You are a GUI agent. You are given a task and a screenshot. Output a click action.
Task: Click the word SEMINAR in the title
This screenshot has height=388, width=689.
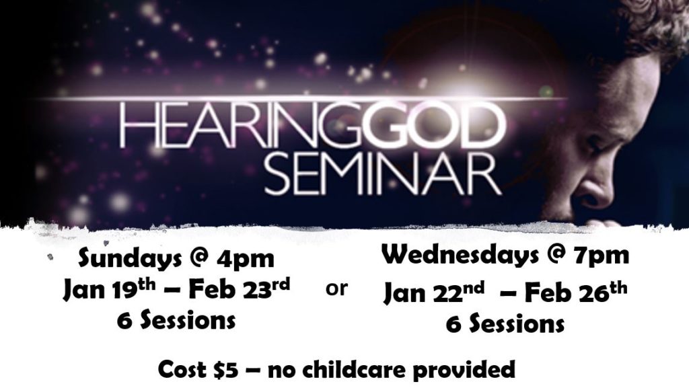pos(382,173)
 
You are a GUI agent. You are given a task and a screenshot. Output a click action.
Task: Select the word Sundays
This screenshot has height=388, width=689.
pos(130,258)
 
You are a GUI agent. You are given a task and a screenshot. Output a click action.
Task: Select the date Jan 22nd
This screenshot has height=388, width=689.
pos(434,291)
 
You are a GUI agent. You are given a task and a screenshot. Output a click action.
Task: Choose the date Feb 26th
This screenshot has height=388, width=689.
pos(576,291)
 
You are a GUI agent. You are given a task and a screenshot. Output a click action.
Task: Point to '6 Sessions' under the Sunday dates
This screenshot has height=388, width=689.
pos(176,320)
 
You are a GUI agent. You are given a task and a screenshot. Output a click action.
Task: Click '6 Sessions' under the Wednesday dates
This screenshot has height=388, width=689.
pos(505,324)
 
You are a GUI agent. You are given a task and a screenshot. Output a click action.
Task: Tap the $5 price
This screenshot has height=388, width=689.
pos(227,370)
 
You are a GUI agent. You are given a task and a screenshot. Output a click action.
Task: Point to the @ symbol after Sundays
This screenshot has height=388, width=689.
pos(199,259)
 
